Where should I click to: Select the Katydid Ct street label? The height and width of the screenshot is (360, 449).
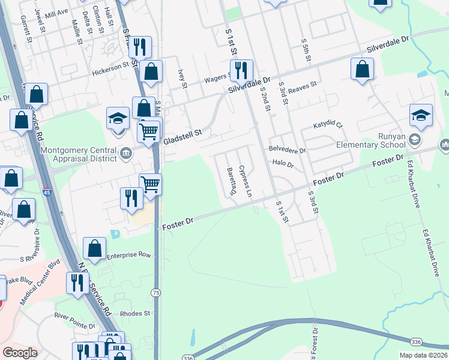[x=328, y=126]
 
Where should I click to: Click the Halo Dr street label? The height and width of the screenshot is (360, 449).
[x=282, y=163]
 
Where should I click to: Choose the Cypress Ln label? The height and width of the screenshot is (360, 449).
[x=245, y=181]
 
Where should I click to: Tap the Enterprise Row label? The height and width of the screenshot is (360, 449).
[x=128, y=256]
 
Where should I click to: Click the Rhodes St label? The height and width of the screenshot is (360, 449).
[x=134, y=313]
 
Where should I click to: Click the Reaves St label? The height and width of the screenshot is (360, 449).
[x=302, y=88]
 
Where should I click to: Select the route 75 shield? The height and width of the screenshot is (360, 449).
[x=155, y=292]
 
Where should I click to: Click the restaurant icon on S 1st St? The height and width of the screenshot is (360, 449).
[x=241, y=70]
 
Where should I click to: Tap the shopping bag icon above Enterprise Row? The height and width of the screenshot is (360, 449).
[x=95, y=247]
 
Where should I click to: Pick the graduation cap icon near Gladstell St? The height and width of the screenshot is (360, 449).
[x=118, y=118]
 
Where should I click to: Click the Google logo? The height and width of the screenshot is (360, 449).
[x=20, y=353]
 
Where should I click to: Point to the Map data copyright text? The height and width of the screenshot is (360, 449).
[x=423, y=355]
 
